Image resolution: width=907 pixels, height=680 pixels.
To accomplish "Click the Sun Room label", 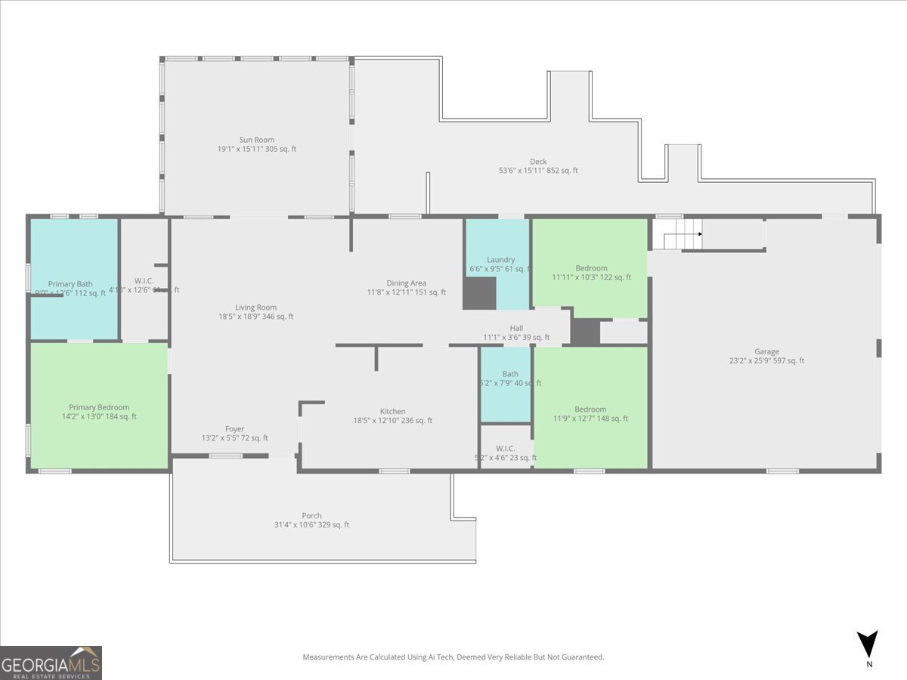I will click(x=256, y=140).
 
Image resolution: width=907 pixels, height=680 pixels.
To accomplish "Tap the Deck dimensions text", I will click(x=538, y=171).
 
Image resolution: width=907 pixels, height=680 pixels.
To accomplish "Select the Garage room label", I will click(x=766, y=351).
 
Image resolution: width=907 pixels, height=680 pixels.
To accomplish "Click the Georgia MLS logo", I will click(x=51, y=663).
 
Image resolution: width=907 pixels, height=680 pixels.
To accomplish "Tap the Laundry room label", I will click(x=500, y=260).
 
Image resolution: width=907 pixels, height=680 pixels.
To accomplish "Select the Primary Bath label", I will click(x=70, y=284).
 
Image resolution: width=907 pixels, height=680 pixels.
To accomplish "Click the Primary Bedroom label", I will click(x=99, y=407).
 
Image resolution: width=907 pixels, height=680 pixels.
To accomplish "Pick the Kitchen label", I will click(x=392, y=412).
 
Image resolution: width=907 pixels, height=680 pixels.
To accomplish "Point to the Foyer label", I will click(x=234, y=429).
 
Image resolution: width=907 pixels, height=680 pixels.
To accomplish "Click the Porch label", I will click(x=311, y=516).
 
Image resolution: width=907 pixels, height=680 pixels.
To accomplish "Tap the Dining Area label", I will click(x=407, y=283).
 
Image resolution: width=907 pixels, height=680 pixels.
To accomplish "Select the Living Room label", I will click(x=255, y=308).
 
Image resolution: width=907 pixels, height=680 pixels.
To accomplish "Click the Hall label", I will click(x=516, y=328).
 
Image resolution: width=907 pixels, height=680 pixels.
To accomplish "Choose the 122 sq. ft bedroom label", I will click(x=591, y=268).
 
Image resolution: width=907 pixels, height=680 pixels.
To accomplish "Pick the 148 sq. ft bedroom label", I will click(x=590, y=410).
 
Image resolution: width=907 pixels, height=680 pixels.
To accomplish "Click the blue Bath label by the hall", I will click(x=510, y=374).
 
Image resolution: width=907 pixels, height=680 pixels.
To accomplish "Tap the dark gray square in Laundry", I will click(x=479, y=293).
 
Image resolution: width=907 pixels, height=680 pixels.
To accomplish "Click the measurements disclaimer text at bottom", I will click(x=453, y=657).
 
